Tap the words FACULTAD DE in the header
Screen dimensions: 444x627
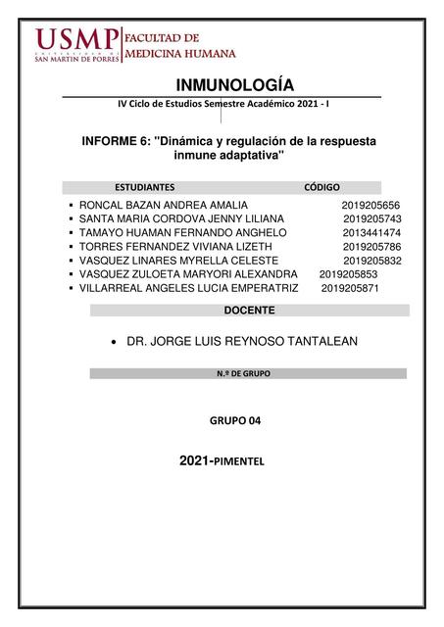tap(160, 36)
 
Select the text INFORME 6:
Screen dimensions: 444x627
tap(117, 142)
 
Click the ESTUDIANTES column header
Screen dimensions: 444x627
tap(145, 185)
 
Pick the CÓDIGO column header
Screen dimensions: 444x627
tap(322, 185)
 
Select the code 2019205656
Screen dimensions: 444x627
tap(371, 204)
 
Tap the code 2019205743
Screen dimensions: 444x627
tap(372, 218)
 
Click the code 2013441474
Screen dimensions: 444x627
tap(371, 232)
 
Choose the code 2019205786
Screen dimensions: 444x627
tap(372, 247)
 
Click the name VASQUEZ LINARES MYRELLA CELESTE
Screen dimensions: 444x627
tap(178, 261)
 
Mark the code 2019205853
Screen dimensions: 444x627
tap(348, 274)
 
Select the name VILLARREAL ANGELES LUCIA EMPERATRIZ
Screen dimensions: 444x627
tap(188, 288)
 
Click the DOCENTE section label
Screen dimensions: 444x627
tap(249, 311)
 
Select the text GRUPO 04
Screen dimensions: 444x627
tap(235, 420)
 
